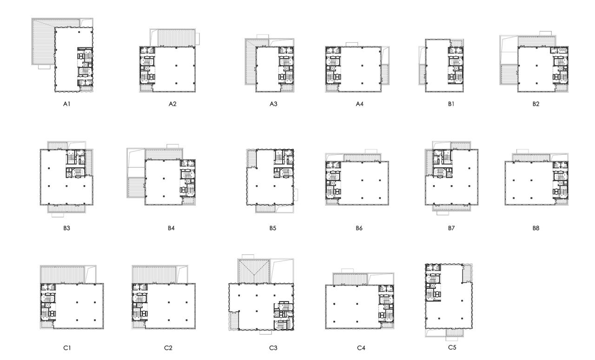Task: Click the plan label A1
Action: click(x=66, y=105)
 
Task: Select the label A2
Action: click(x=172, y=105)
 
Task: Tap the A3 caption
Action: click(x=273, y=105)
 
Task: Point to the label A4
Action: click(x=359, y=105)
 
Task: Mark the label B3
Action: click(x=66, y=228)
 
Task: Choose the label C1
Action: click(x=66, y=347)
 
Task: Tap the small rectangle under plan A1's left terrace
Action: click(x=44, y=67)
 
